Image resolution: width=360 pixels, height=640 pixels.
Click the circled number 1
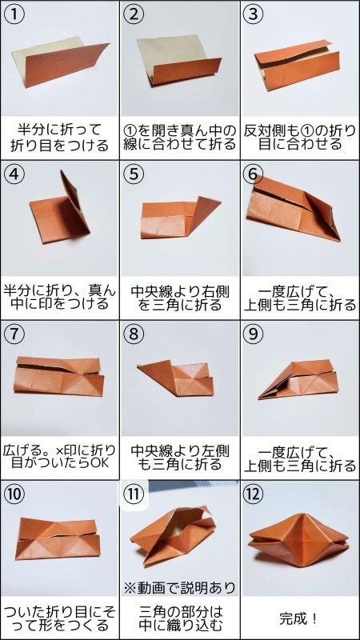pos(14,14)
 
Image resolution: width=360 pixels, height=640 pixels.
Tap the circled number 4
pos(14,174)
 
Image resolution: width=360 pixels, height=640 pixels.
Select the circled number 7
pos(14,334)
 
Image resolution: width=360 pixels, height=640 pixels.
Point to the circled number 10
pos(14,494)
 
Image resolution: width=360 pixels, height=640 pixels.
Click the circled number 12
pos(254,494)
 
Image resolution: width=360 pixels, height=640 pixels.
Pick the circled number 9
pos(254,334)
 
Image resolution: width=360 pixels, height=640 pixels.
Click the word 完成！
pos(298,618)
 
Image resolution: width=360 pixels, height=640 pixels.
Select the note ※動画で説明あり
pos(180,588)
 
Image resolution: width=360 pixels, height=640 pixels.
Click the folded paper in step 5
pos(181,218)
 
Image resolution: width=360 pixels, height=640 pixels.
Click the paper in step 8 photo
pos(175,378)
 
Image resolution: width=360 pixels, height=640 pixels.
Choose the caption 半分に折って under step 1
pos(59,130)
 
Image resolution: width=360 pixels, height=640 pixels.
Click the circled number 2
pos(134,14)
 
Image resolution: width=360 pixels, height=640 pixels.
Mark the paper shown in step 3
pos(298,66)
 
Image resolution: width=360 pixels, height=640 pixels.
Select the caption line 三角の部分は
pos(180,612)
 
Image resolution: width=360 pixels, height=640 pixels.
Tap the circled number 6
pos(254,174)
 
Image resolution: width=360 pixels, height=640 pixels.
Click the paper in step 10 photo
pos(59,538)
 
